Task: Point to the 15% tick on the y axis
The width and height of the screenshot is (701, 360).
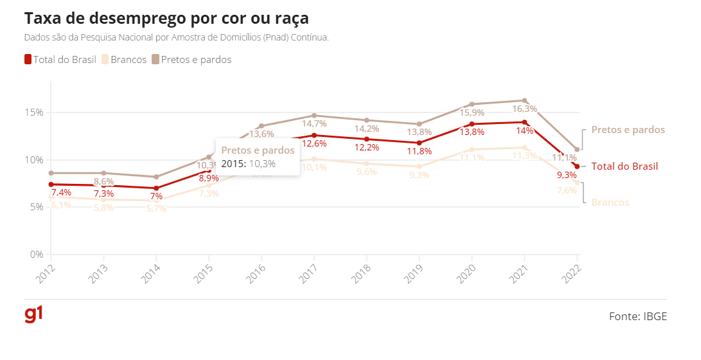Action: [x=34, y=113]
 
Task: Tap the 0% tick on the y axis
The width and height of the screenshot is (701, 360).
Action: [x=36, y=255]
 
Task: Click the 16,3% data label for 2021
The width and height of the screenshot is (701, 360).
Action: [x=524, y=109]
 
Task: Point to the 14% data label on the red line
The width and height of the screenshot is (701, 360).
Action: [x=524, y=131]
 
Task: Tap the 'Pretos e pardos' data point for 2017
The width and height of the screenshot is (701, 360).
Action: [x=314, y=116]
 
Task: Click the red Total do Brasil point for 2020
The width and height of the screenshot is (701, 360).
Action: [x=472, y=124]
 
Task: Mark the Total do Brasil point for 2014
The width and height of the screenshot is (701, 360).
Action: [x=156, y=188]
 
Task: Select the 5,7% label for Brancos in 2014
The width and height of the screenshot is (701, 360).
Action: [x=156, y=208]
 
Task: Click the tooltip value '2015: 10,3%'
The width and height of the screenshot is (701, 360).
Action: [x=249, y=164]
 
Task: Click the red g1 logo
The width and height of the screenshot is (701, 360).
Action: [x=33, y=315]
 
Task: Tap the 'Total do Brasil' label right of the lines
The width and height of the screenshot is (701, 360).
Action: [x=625, y=166]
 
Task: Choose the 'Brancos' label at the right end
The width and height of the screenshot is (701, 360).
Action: [x=610, y=203]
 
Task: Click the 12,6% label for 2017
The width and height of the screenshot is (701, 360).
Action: [x=314, y=143]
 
